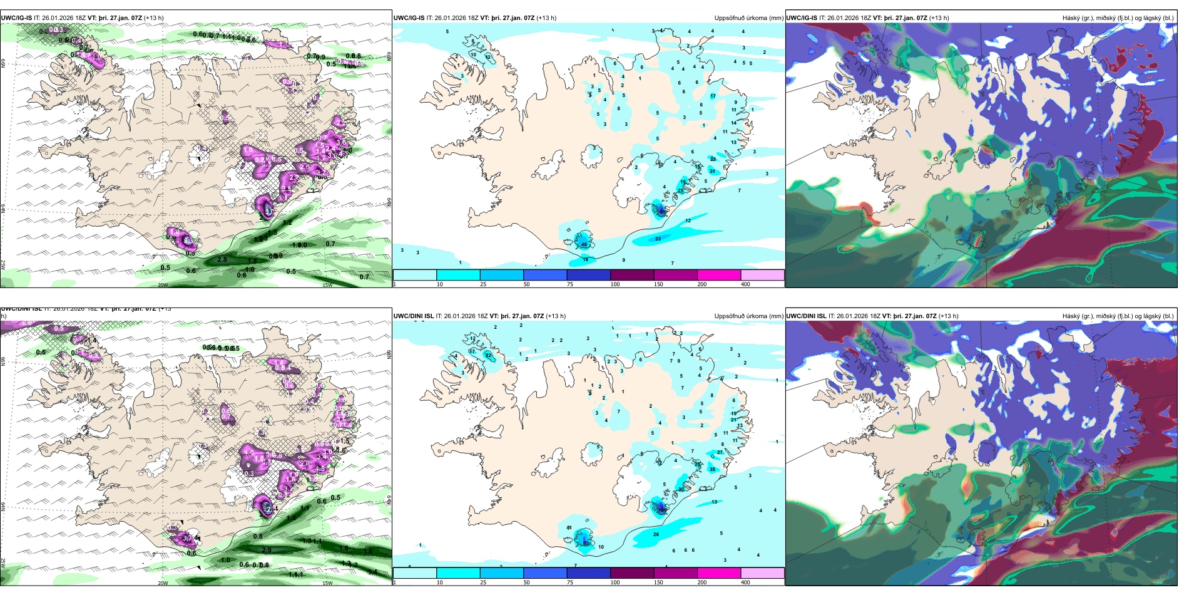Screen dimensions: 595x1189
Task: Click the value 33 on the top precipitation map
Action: coord(658,239)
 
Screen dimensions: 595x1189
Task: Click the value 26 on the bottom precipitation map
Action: coord(656,534)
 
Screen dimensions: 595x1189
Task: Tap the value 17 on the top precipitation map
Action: coord(713,96)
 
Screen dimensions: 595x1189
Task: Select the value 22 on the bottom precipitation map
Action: coord(488,355)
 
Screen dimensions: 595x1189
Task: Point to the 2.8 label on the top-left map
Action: coord(222,259)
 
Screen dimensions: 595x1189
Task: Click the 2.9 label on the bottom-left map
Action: coord(266,550)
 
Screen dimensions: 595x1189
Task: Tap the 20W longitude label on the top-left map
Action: coord(163,285)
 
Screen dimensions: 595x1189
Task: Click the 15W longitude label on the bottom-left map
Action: coord(327,583)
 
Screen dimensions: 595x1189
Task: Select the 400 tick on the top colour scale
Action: coord(745,284)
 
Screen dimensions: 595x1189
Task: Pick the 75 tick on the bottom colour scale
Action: coord(570,582)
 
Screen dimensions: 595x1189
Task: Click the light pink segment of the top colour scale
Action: coord(762,275)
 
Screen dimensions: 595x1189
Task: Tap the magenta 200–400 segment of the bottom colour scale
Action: coord(719,573)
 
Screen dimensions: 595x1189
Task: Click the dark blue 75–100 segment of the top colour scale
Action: coord(588,275)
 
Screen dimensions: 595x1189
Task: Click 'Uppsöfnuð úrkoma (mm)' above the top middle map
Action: coord(748,18)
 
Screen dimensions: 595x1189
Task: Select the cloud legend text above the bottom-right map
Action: coord(1118,316)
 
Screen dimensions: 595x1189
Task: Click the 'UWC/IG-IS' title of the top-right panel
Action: coord(801,18)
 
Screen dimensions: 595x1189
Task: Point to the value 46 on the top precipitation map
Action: coord(584,244)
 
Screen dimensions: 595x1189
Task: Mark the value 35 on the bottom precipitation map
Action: coord(712,469)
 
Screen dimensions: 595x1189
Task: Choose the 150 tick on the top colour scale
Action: coord(658,284)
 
